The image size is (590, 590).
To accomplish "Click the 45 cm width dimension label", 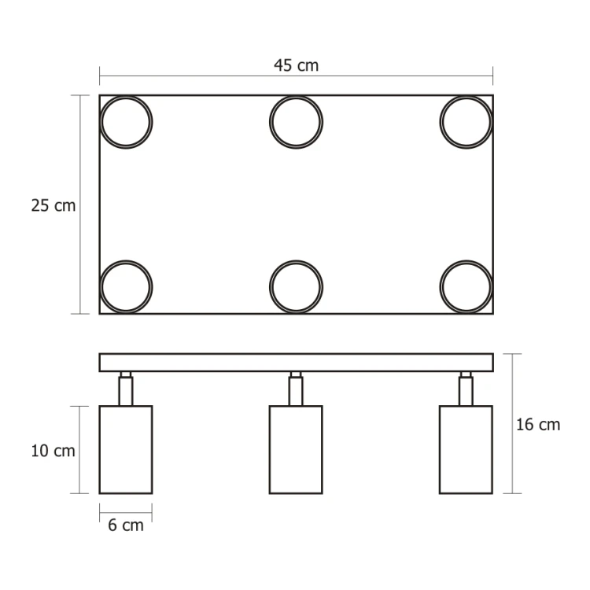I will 296,65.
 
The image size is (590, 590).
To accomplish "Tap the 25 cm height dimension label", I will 53,206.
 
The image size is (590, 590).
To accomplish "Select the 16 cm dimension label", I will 538,425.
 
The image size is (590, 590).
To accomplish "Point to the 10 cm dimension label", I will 53,451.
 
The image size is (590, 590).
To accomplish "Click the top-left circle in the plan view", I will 126,123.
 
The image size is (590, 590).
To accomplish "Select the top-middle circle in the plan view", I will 296,123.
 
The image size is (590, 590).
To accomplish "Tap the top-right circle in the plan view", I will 466,123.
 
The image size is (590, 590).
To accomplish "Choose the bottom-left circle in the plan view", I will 126,286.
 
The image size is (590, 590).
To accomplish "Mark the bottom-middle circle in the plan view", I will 296,286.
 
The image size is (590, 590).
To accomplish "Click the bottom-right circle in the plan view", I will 466,286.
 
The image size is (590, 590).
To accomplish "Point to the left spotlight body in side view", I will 126,449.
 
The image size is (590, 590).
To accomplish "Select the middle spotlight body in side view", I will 296,449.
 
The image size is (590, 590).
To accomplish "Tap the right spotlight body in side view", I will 466,449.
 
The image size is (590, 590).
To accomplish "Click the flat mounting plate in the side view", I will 296,363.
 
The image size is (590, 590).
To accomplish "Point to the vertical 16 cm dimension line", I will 512,472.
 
